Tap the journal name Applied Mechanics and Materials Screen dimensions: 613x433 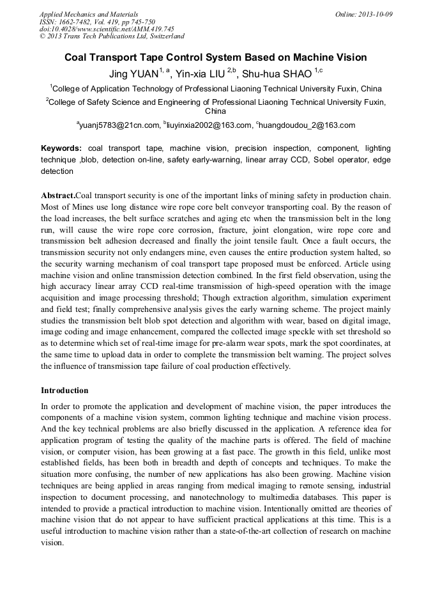coord(89,13)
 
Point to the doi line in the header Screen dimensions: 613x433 coord(107,29)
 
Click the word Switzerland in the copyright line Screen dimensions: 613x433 coord(162,36)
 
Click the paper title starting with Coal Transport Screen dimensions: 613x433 coord(216,58)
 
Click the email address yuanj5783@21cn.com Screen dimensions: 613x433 coord(120,125)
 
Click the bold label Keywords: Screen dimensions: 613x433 coord(61,148)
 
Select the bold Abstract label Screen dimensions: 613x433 coord(58,194)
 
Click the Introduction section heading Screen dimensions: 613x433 coord(65,390)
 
